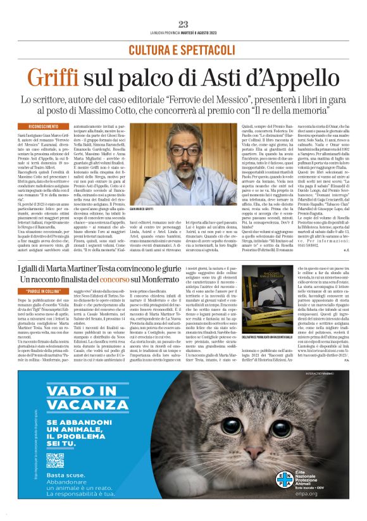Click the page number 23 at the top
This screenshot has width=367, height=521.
pyautogui.click(x=183, y=24)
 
